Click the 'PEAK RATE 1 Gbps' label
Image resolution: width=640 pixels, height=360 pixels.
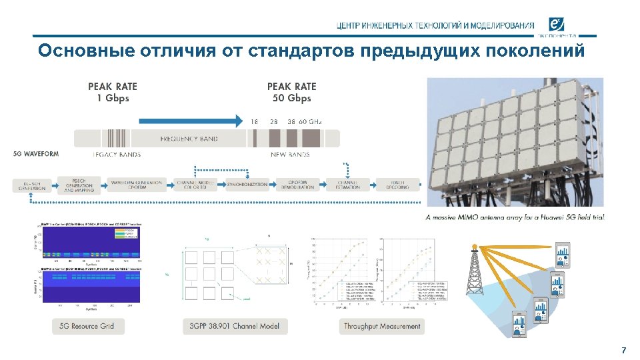click(113, 92)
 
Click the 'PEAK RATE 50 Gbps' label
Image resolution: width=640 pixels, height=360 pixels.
click(291, 92)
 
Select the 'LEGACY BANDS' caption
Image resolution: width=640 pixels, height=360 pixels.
click(117, 155)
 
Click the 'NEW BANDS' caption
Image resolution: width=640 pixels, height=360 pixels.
click(290, 155)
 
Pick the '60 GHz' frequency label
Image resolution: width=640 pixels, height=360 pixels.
click(311, 121)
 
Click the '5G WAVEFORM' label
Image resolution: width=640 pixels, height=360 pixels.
click(35, 154)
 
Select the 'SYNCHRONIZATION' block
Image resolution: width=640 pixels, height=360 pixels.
click(247, 185)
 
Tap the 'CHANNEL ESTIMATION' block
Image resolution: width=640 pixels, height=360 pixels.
click(348, 185)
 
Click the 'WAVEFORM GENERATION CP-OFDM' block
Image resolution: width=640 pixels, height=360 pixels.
click(137, 185)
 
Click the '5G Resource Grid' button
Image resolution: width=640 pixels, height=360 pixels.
click(87, 326)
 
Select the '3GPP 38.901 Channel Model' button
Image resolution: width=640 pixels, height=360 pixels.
click(235, 326)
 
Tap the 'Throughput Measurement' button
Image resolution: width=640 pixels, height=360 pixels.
click(382, 326)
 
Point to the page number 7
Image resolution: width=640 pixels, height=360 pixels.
click(623, 350)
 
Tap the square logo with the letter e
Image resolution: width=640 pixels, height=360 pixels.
click(557, 25)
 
